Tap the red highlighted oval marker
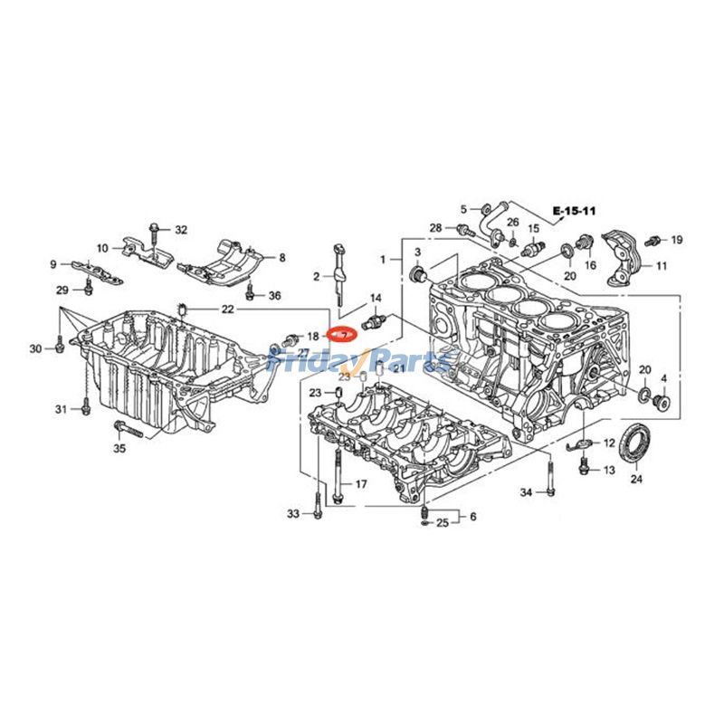pos(342,335)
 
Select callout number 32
pos(181,230)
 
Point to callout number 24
pos(635,479)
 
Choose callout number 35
pos(119,448)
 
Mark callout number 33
pos(292,514)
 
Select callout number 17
pos(360,485)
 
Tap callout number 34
pos(526,492)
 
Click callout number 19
pos(676,240)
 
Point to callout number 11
pos(661,266)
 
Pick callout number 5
pos(462,207)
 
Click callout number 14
pos(376,298)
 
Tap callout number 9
pos(53,264)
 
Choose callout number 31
pos(61,410)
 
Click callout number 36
pos(274,295)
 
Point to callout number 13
pos(608,471)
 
